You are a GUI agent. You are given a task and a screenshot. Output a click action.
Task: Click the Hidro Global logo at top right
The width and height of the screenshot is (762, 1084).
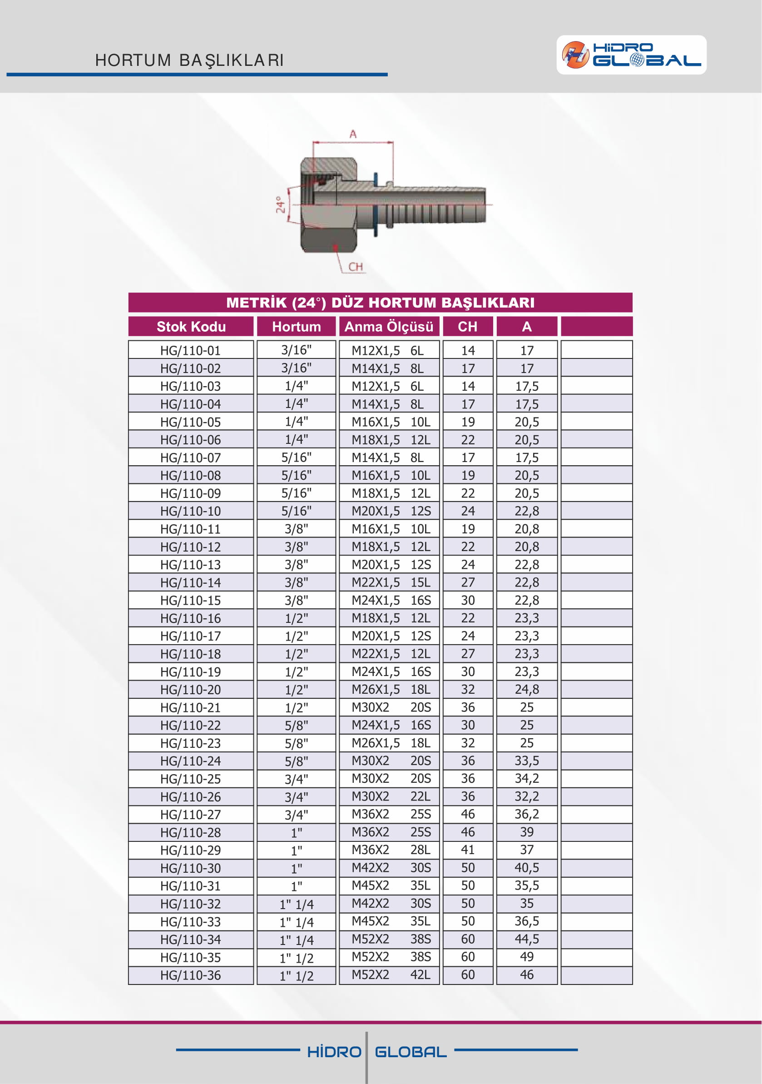pos(631,55)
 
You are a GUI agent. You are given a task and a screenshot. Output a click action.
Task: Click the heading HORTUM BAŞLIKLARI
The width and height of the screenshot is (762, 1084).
pos(189,60)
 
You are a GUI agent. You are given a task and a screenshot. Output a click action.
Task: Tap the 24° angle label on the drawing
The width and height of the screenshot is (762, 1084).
pos(280,205)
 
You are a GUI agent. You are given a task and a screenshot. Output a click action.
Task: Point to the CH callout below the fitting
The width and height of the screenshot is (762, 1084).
pos(356,267)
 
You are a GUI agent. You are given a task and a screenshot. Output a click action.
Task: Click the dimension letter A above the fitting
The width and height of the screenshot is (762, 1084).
pos(353,134)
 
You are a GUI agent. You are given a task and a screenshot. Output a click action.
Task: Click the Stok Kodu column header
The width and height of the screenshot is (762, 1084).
pos(191,327)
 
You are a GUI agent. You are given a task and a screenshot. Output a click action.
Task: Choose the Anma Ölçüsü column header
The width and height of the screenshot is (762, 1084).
pos(389,327)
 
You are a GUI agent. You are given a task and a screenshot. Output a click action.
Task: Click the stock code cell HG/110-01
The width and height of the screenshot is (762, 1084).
pos(191,350)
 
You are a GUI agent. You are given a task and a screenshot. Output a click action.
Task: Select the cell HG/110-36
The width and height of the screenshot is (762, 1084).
pos(191,975)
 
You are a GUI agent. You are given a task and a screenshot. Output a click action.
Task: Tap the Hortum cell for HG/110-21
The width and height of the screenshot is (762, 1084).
pos(296,707)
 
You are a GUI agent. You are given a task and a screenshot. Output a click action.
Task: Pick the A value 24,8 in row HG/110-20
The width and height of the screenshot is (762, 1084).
pos(527,689)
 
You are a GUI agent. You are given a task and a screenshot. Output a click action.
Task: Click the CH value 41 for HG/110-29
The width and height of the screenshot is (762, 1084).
pos(468,850)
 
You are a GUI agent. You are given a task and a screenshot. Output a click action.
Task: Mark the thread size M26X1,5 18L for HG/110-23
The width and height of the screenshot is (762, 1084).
pos(391,743)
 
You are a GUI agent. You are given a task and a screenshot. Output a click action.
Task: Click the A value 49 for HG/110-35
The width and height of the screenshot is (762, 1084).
pos(527,956)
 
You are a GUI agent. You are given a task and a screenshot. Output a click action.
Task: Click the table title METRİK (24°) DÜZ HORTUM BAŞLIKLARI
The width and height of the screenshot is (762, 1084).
pos(380,303)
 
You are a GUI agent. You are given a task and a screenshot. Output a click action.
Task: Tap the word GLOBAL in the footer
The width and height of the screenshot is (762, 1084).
pos(411,1052)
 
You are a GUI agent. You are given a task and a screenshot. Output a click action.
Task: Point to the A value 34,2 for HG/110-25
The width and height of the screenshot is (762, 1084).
pos(527,779)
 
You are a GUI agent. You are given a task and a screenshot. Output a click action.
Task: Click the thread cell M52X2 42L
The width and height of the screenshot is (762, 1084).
pos(391,975)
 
